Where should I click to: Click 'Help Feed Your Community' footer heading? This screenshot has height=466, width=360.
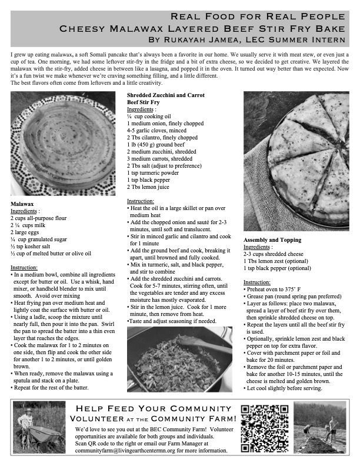[152, 408]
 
